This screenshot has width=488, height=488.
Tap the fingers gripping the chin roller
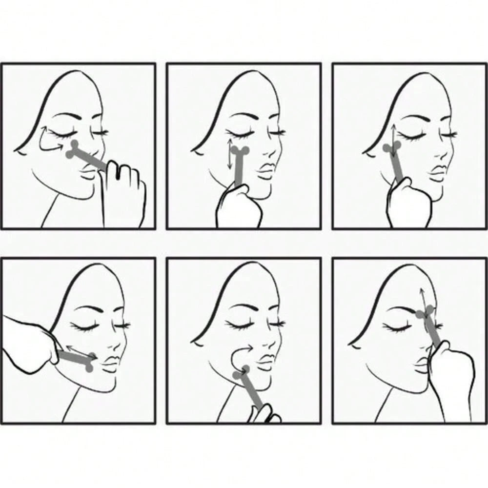point(264,415)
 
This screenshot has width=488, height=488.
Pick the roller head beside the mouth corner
point(91,362)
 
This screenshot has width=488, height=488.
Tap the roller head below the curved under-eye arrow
point(74,148)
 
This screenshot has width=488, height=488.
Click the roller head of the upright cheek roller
point(240,152)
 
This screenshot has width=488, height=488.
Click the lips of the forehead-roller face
point(421,364)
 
